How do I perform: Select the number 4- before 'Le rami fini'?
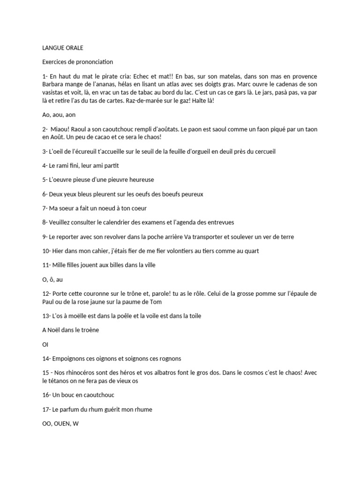[x=45, y=165]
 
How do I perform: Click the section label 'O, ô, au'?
[x=52, y=279]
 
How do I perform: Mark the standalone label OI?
[x=45, y=344]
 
